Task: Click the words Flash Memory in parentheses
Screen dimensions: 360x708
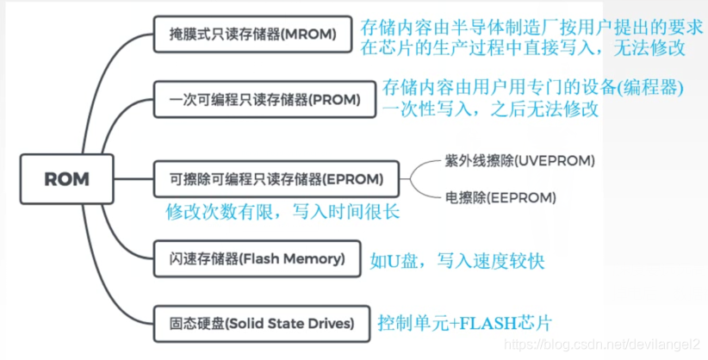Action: pyautogui.click(x=293, y=258)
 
